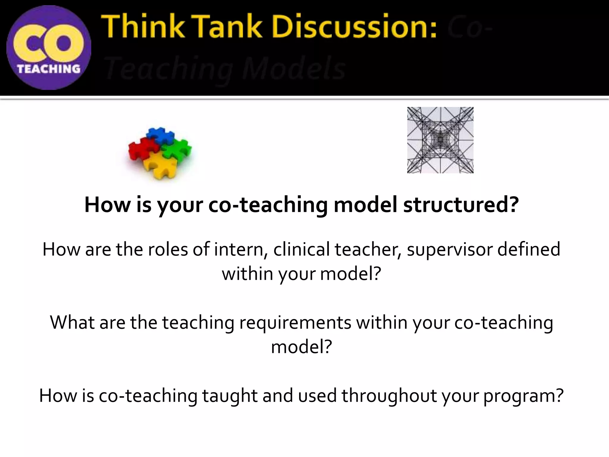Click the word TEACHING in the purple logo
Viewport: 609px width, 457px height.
coord(49,69)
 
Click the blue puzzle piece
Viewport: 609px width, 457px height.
coord(161,134)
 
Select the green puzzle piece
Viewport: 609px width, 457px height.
coord(178,149)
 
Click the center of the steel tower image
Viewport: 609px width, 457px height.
coord(440,140)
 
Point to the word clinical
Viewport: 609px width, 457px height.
coord(301,249)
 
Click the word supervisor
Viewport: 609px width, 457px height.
coord(449,249)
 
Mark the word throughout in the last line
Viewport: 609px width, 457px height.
coord(388,396)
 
